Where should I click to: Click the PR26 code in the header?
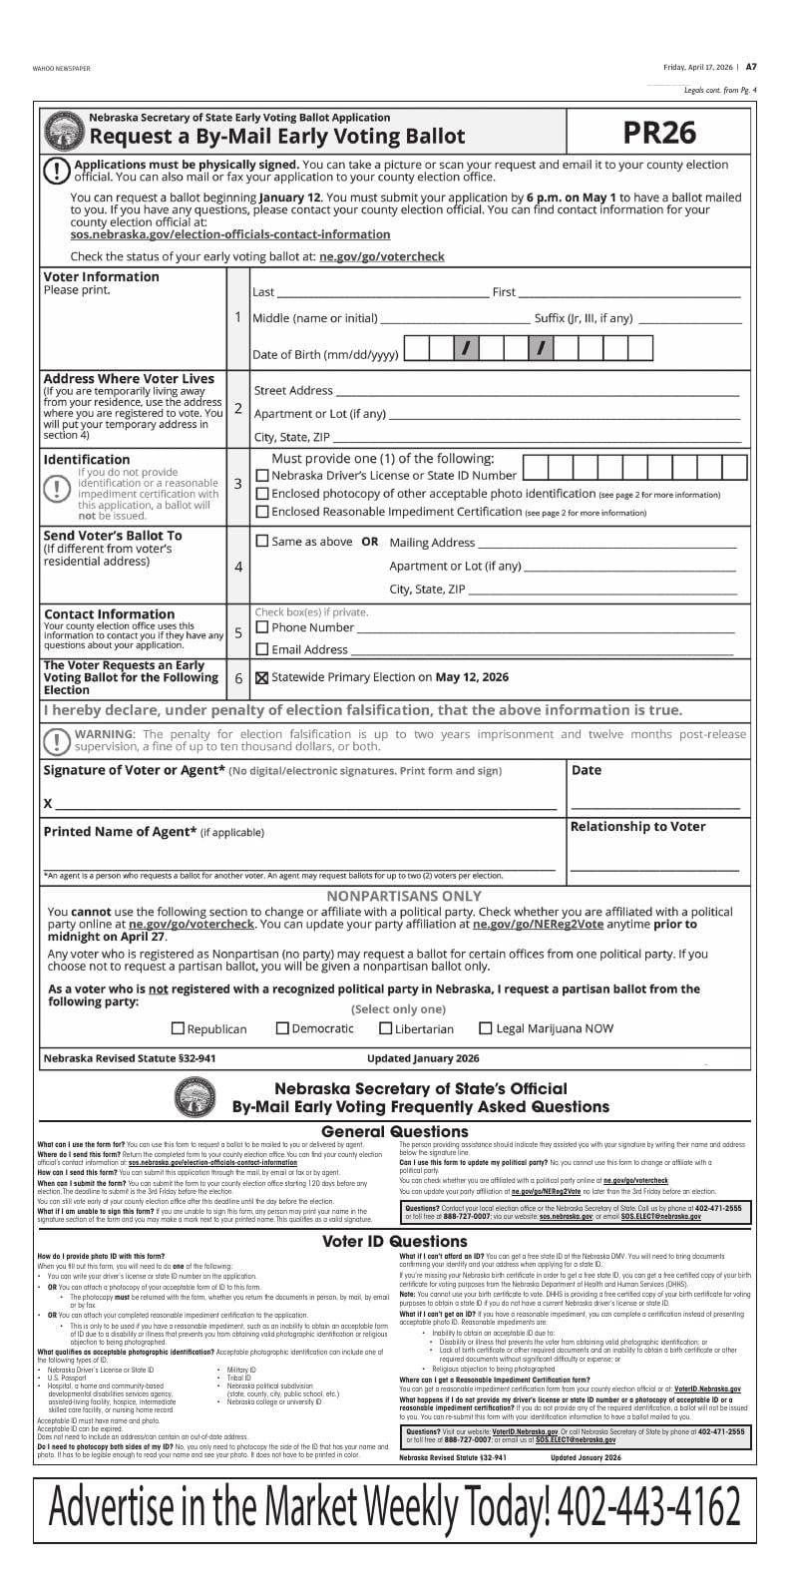point(659,134)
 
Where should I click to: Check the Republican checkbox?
point(179,1028)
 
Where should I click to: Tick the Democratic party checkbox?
point(282,1028)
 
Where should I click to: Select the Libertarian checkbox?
point(385,1028)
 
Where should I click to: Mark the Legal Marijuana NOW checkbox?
point(486,1028)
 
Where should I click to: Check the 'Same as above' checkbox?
point(262,542)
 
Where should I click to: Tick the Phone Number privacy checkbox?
point(262,627)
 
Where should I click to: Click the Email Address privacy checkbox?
point(262,649)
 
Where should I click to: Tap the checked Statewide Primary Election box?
point(262,677)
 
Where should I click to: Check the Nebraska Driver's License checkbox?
point(262,476)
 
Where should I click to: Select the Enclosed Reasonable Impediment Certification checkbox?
point(262,512)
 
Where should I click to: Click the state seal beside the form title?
point(65,131)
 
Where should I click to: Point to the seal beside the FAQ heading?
point(195,1098)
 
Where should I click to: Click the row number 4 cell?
point(238,567)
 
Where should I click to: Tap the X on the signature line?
point(47,804)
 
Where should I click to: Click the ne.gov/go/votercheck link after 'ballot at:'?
point(381,256)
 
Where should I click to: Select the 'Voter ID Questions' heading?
point(394,1242)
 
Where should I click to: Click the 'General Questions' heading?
point(394,1131)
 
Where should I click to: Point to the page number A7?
point(751,67)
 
